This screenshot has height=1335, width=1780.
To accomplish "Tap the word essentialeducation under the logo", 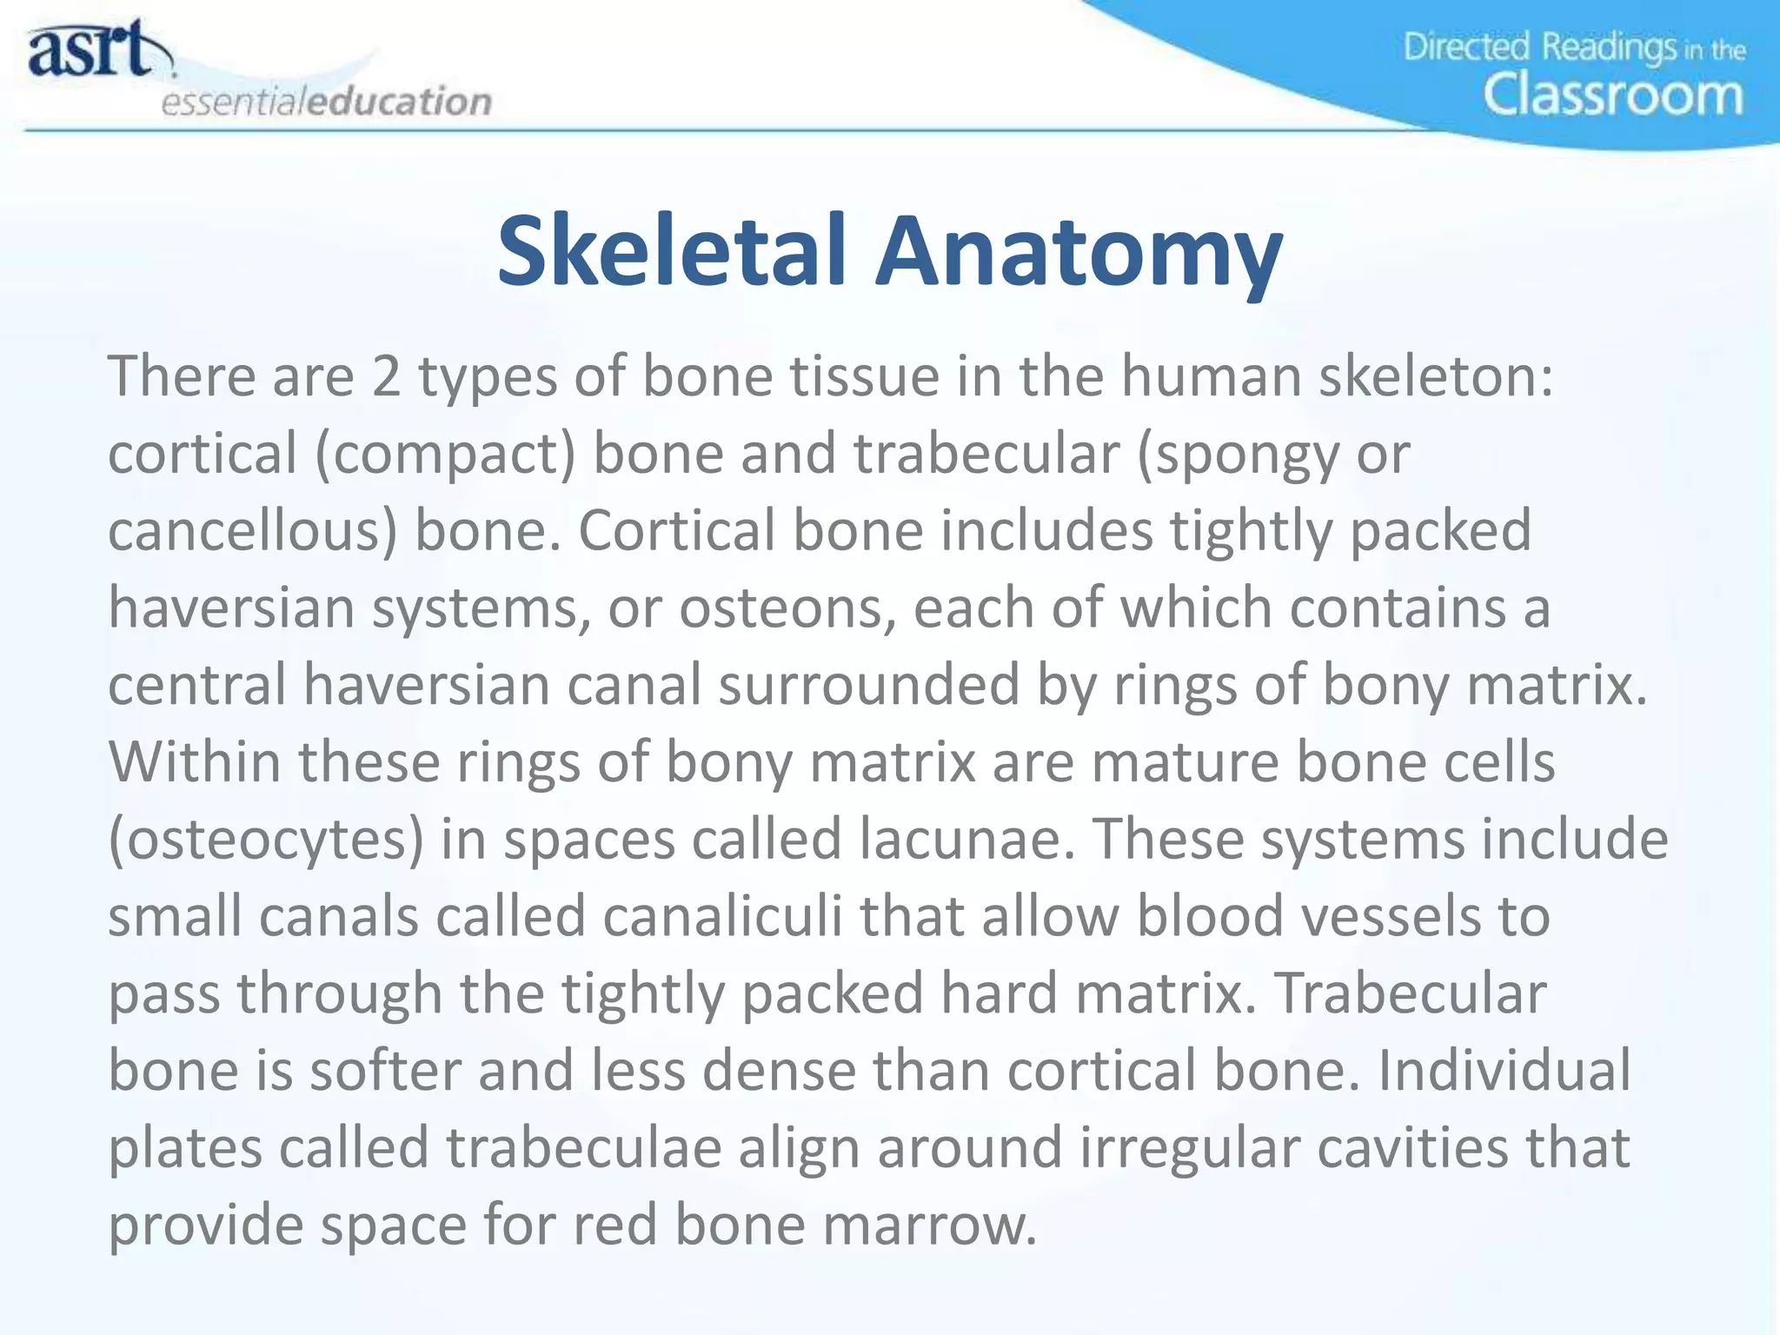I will tap(326, 102).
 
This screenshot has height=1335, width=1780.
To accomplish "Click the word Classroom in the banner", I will tap(1613, 95).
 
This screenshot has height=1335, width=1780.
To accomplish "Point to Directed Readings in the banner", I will tap(1539, 47).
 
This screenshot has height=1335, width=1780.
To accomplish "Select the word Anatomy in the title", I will tap(1078, 252).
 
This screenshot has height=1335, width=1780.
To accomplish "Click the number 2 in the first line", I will tap(387, 377).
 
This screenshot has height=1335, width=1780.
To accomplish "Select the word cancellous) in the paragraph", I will tap(252, 531).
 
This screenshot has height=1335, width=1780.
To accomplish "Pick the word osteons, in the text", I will tap(787, 608).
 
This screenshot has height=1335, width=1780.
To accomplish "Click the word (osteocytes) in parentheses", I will tap(266, 840).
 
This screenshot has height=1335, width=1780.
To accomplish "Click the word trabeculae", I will tap(583, 1147).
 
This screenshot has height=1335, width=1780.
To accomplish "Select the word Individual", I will tap(1504, 1070).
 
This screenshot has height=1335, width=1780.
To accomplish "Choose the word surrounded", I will tap(869, 685).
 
